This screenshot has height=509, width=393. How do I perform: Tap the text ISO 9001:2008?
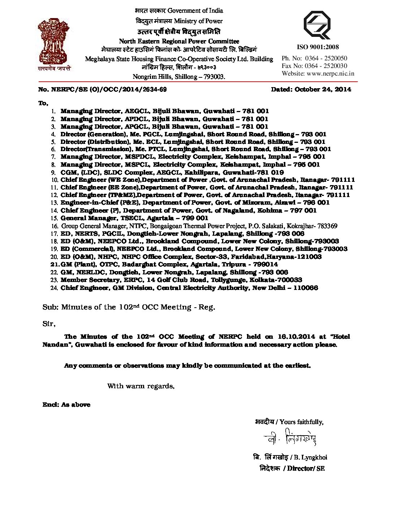(x=318, y=47)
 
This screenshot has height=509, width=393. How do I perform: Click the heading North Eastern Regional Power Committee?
(x=179, y=42)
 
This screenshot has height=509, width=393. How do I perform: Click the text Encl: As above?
(x=66, y=405)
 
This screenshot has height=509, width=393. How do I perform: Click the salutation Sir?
(x=49, y=324)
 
